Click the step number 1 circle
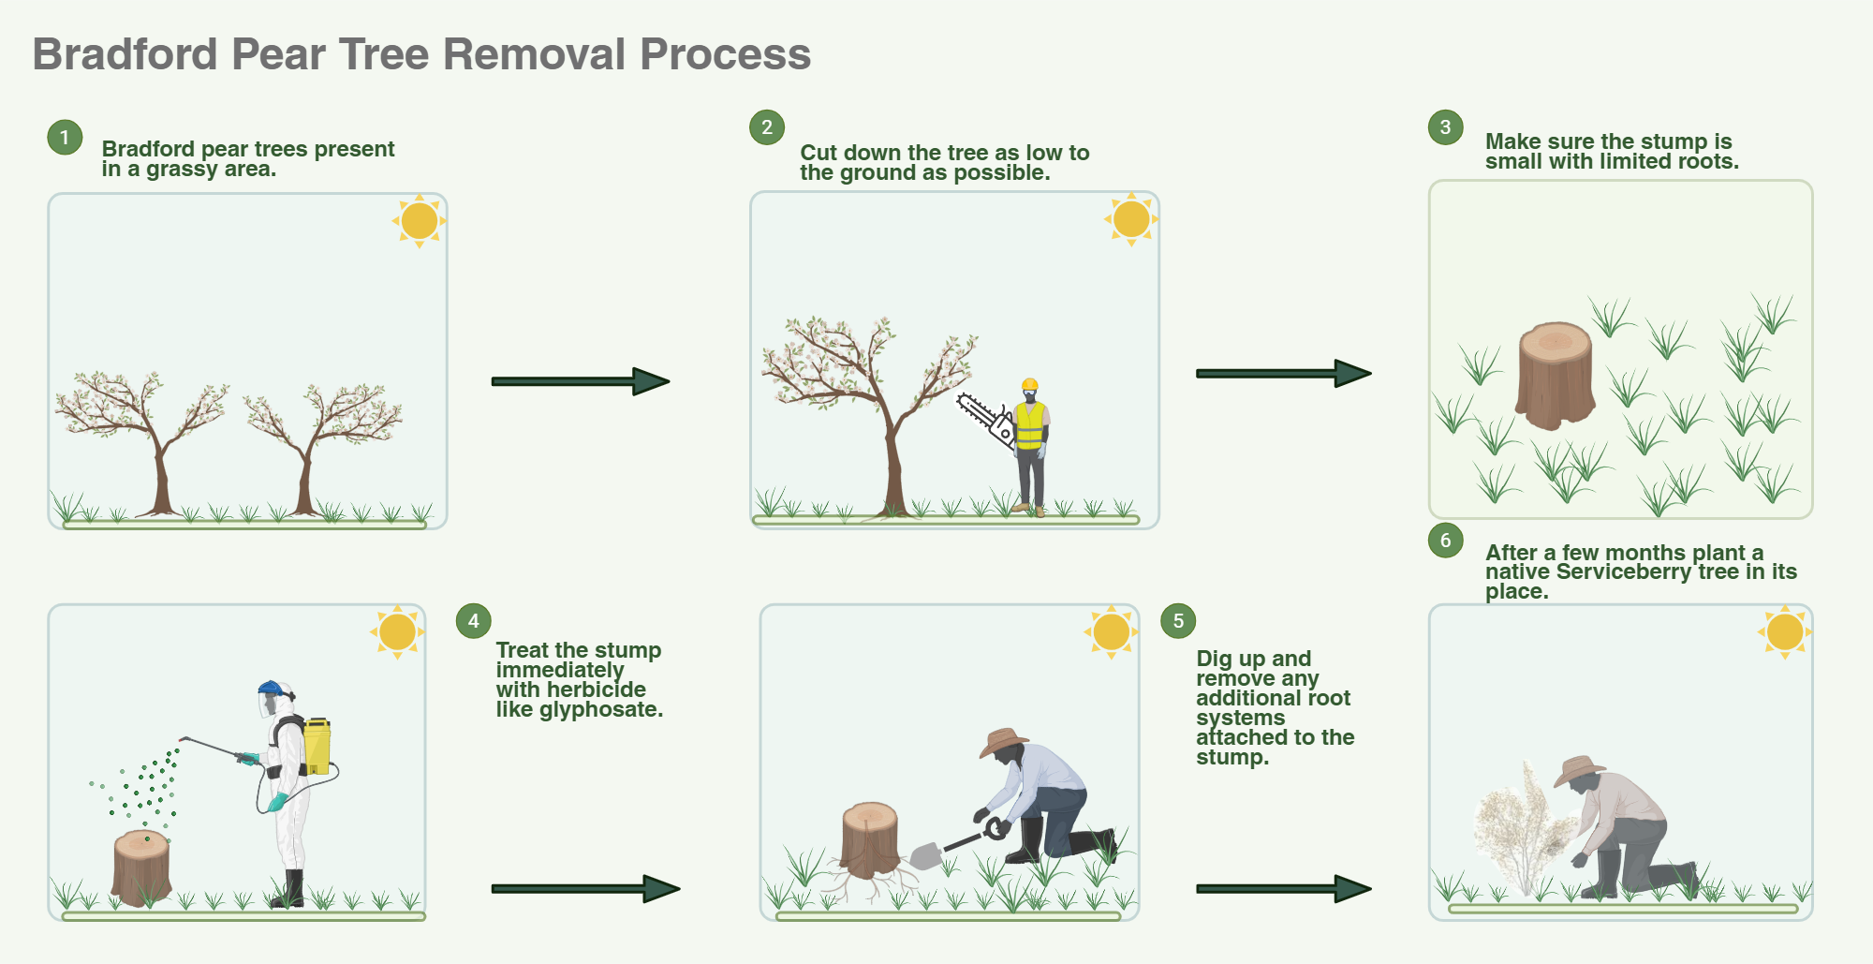(x=65, y=138)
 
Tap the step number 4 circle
(x=473, y=620)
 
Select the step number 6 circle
(x=1445, y=540)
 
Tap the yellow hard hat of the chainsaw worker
(x=1029, y=384)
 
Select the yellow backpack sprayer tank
(x=317, y=746)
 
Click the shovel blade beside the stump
(x=925, y=855)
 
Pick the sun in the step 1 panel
(x=419, y=221)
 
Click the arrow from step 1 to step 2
(x=580, y=381)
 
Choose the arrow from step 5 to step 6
(x=1283, y=889)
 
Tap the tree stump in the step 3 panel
(x=1555, y=375)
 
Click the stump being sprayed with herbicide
(x=140, y=868)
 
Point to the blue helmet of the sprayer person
(x=270, y=688)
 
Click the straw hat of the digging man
(x=1003, y=741)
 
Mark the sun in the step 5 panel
(x=1111, y=631)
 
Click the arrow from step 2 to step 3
(x=1283, y=373)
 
